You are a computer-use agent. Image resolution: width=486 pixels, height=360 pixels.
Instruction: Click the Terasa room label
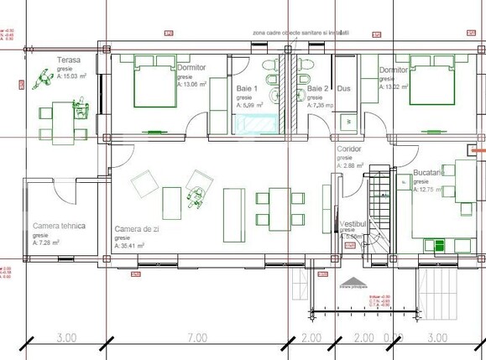(x=69, y=60)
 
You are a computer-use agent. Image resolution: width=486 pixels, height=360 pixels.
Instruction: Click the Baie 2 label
(x=317, y=88)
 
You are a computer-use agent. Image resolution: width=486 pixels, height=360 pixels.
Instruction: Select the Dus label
(x=343, y=88)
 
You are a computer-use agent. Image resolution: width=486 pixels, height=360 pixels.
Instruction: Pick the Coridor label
(x=349, y=148)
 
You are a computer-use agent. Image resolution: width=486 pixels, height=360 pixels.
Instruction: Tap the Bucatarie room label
(x=430, y=172)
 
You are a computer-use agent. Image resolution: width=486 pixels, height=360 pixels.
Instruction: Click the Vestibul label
(x=355, y=225)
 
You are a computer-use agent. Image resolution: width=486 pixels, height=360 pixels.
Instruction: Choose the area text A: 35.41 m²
(x=131, y=246)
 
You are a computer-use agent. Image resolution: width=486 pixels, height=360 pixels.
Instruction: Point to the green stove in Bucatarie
(x=436, y=245)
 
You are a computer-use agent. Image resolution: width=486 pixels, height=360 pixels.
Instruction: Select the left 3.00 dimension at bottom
(x=67, y=337)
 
